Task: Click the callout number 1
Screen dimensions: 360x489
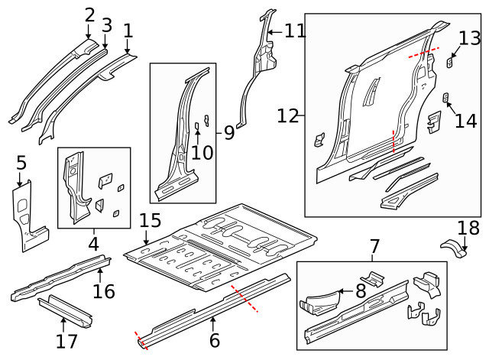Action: [x=128, y=31]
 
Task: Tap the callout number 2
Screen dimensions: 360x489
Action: [x=89, y=15]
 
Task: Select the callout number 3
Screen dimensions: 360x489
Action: [x=107, y=25]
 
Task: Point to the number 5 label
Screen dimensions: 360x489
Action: [x=21, y=162]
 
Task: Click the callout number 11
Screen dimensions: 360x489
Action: [x=294, y=31]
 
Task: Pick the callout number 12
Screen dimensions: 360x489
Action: [x=287, y=116]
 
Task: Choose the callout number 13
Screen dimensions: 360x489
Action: [x=470, y=37]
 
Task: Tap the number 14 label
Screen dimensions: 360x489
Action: [x=465, y=121]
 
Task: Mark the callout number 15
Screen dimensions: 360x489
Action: [x=150, y=222]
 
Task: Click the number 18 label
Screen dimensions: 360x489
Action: [x=467, y=227]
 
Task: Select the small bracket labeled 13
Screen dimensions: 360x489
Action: [x=451, y=63]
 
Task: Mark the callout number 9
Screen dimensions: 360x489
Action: [x=228, y=133]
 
